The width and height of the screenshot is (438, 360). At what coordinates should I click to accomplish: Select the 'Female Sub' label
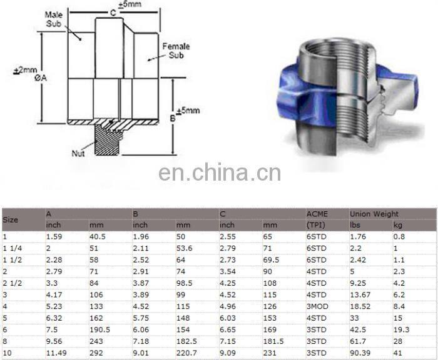(x=176, y=51)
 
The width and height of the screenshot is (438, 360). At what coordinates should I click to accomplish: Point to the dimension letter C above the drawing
(x=113, y=12)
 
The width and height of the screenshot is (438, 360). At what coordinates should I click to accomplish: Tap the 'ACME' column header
(x=317, y=214)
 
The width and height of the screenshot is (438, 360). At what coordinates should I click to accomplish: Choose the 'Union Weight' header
(x=374, y=214)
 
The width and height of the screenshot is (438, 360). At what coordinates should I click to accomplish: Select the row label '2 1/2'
(x=12, y=282)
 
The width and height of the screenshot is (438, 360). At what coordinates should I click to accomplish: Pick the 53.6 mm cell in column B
(x=185, y=248)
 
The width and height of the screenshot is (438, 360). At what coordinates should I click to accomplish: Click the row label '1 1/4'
(x=12, y=248)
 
